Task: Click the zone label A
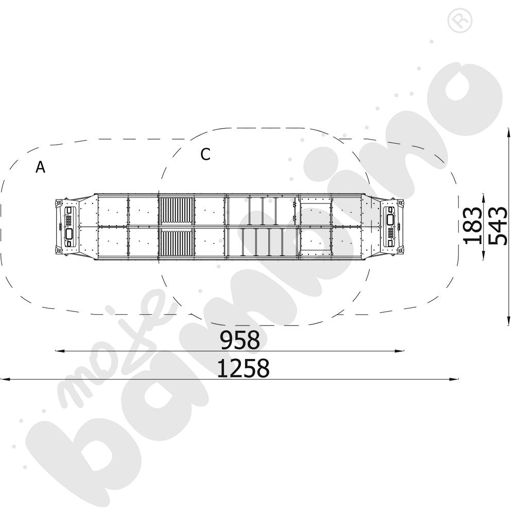coord(40,167)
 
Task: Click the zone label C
coord(205,154)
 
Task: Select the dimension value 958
coord(240,340)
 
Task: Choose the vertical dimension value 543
coord(497,226)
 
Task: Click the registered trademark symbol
coord(460,21)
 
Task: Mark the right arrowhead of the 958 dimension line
coord(400,351)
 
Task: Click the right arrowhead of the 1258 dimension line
coord(454,380)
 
